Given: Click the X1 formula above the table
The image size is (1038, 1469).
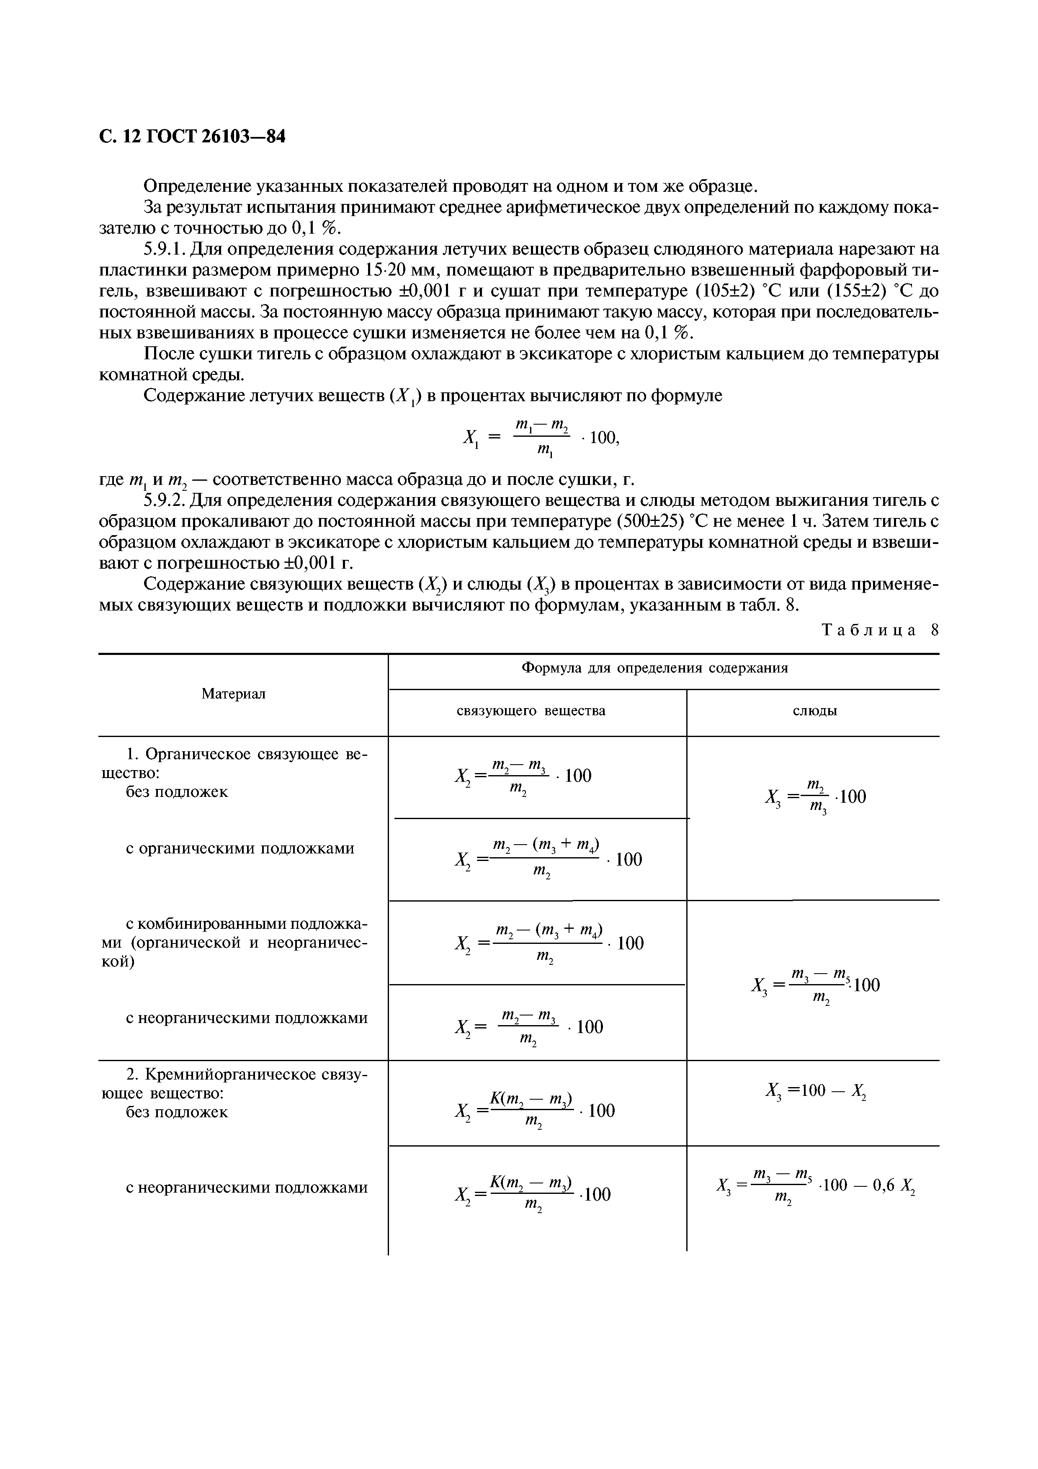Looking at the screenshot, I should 541,438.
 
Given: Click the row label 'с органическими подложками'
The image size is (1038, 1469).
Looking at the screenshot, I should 240,848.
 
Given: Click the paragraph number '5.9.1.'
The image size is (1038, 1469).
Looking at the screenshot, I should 165,249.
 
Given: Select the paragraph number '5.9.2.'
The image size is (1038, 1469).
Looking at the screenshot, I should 165,500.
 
